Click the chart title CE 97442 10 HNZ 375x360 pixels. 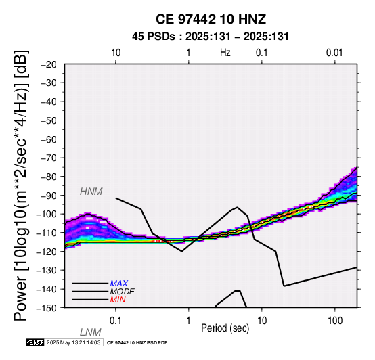211,19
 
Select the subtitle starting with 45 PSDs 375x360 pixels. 211,37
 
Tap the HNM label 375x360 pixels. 91,192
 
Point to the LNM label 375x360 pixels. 91,332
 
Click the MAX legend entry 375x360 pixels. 118,284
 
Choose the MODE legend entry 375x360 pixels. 122,292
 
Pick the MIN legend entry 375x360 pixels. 118,300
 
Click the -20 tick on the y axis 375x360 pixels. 49,64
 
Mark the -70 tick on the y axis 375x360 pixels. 49,158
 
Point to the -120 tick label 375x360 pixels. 47,251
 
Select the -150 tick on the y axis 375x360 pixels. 47,308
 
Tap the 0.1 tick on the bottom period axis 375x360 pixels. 116,321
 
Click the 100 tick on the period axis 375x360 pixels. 335,321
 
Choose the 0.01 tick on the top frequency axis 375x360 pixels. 334,53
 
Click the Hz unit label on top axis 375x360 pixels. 225,53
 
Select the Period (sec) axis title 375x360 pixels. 225,328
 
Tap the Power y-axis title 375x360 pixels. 21,185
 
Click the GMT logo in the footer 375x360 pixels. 35,343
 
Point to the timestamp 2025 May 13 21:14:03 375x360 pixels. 73,343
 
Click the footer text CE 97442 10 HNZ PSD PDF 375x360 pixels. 137,343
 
